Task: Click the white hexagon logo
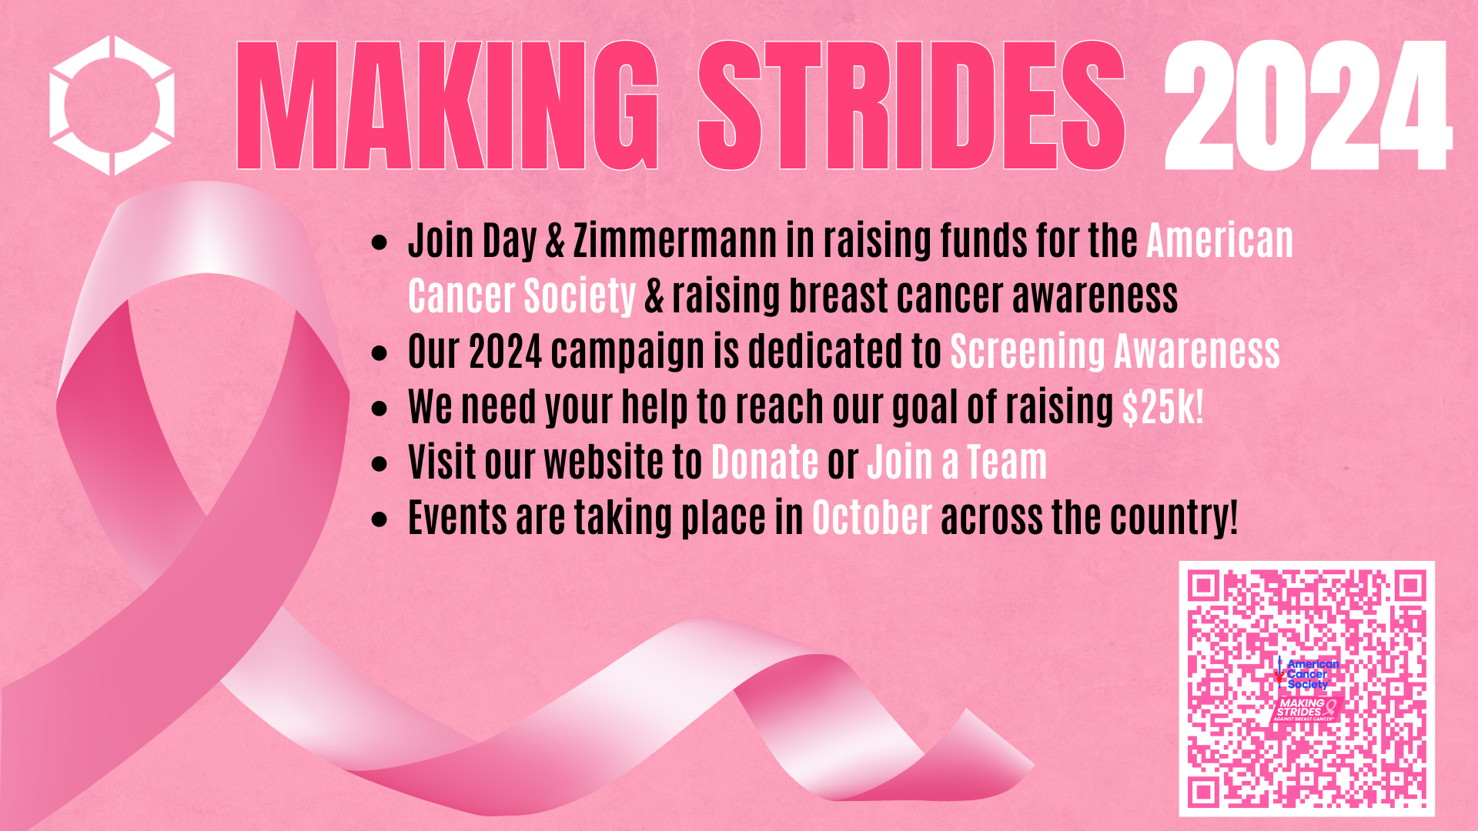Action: pos(112,105)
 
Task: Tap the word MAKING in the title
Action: pos(447,105)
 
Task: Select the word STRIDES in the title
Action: pos(911,105)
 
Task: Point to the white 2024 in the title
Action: pos(1307,105)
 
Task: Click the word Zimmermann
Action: pos(675,241)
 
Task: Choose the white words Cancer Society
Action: pos(522,296)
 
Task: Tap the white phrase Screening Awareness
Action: pos(1115,352)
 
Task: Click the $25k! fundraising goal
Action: pos(1162,407)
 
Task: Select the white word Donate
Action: pos(764,462)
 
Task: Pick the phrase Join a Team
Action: pos(957,462)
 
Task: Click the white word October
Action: pos(872,518)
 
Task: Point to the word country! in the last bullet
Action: pos(1175,518)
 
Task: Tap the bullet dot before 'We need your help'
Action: pos(379,409)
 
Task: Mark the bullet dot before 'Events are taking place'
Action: pos(379,519)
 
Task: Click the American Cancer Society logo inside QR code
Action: pos(1308,673)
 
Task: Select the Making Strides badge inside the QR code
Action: pos(1306,709)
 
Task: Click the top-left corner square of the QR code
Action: pos(1204,587)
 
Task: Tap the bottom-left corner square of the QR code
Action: pos(1204,792)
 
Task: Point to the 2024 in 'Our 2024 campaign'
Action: pos(506,352)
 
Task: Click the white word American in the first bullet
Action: pos(1220,241)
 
